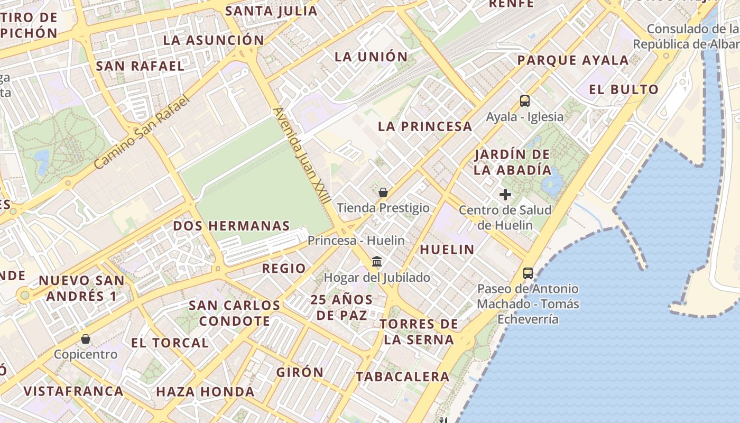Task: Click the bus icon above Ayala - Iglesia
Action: coord(524,101)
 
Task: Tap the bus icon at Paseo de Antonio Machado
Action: coord(528,273)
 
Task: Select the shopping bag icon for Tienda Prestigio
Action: coord(383,192)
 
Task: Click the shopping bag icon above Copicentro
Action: coord(86,339)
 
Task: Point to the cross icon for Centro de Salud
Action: coord(505,195)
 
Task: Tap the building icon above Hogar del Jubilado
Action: coord(377,262)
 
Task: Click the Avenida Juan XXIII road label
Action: coord(302,157)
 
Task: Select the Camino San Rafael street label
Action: coord(141,132)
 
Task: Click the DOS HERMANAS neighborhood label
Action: coord(232,226)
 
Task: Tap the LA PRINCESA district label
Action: coord(425,126)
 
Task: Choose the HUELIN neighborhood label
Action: coord(447,250)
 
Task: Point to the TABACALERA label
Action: coord(402,377)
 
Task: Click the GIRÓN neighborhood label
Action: coord(300,372)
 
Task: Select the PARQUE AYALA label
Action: coord(573,60)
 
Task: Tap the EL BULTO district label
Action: coord(624,89)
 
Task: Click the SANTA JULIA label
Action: coord(271,11)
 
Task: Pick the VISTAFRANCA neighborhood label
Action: coord(73,391)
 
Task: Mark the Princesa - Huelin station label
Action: coord(356,241)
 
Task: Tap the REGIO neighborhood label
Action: coord(284,269)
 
